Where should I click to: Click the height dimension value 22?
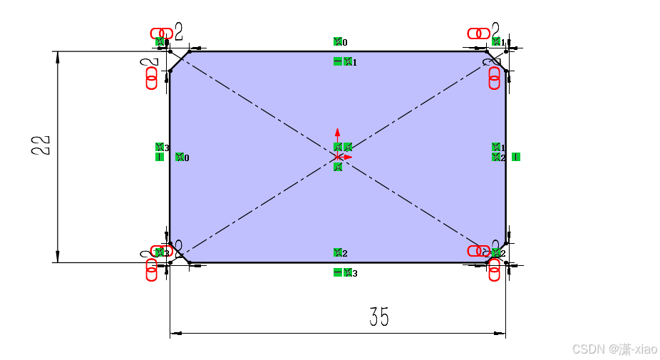pyautogui.click(x=42, y=145)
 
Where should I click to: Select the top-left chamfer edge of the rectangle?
pyautogui.click(x=180, y=61)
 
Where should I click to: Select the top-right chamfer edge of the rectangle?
pyautogui.click(x=496, y=61)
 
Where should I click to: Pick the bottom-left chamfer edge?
pyautogui.click(x=180, y=252)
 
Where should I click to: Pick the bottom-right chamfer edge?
pyautogui.click(x=497, y=253)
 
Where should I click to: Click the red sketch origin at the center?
pyautogui.click(x=338, y=156)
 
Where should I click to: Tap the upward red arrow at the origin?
pyautogui.click(x=338, y=133)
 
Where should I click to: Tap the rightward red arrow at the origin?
pyautogui.click(x=349, y=157)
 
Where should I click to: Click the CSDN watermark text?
pyautogui.click(x=614, y=349)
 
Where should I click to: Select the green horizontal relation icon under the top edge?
pyautogui.click(x=338, y=61)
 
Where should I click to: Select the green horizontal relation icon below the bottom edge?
pyautogui.click(x=338, y=272)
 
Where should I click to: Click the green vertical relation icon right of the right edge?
pyautogui.click(x=515, y=157)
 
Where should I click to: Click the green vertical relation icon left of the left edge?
pyautogui.click(x=160, y=157)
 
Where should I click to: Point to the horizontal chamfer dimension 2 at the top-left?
pyautogui.click(x=178, y=31)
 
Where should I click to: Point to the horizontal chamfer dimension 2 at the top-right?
pyautogui.click(x=496, y=31)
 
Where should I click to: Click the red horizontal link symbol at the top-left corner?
pyautogui.click(x=161, y=34)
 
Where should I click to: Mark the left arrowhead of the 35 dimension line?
pyautogui.click(x=175, y=333)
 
